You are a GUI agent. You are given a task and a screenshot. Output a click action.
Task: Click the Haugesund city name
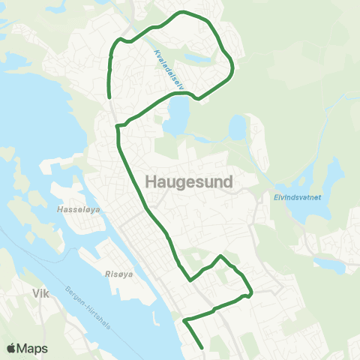coord(187,181)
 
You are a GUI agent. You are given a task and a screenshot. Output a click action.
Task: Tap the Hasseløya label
coord(75,211)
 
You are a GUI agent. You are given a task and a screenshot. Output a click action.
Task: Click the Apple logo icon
coord(12,348)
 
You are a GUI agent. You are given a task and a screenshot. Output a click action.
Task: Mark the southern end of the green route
coord(202,347)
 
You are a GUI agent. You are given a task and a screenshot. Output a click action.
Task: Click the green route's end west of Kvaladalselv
coord(110,97)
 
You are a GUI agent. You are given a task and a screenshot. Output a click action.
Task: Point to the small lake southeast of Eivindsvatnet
coord(328,264)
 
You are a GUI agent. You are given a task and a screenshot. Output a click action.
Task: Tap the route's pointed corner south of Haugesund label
coord(220,256)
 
